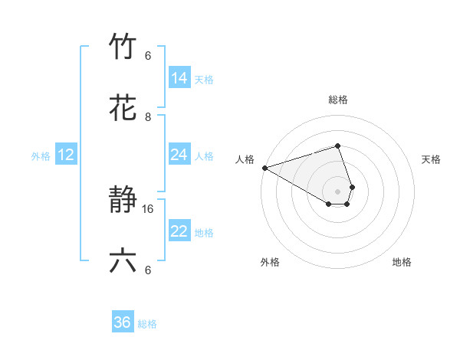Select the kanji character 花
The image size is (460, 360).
pos(123,109)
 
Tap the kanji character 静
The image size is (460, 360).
pos(123,201)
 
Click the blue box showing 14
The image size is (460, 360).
pos(179,78)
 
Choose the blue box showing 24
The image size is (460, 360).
pos(179,155)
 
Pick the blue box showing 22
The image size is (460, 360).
pos(179,231)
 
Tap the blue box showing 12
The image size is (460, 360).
pos(66,155)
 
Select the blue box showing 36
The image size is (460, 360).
pos(123,322)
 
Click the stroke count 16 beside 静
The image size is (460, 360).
pos(149,208)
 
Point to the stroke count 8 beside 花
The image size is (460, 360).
pos(149,116)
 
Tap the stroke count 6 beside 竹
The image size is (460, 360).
pos(149,55)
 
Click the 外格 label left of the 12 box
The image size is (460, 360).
pos(41,155)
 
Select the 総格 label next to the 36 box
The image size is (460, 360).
pos(147,324)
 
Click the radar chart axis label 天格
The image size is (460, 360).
pos(432,159)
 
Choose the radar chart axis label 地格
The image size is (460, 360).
pos(402,262)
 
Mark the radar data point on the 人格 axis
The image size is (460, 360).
pos(264,168)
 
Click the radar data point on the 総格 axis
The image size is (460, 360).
pos(337,146)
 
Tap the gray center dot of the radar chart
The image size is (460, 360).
pos(337,191)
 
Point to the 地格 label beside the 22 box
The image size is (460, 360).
pos(204,232)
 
